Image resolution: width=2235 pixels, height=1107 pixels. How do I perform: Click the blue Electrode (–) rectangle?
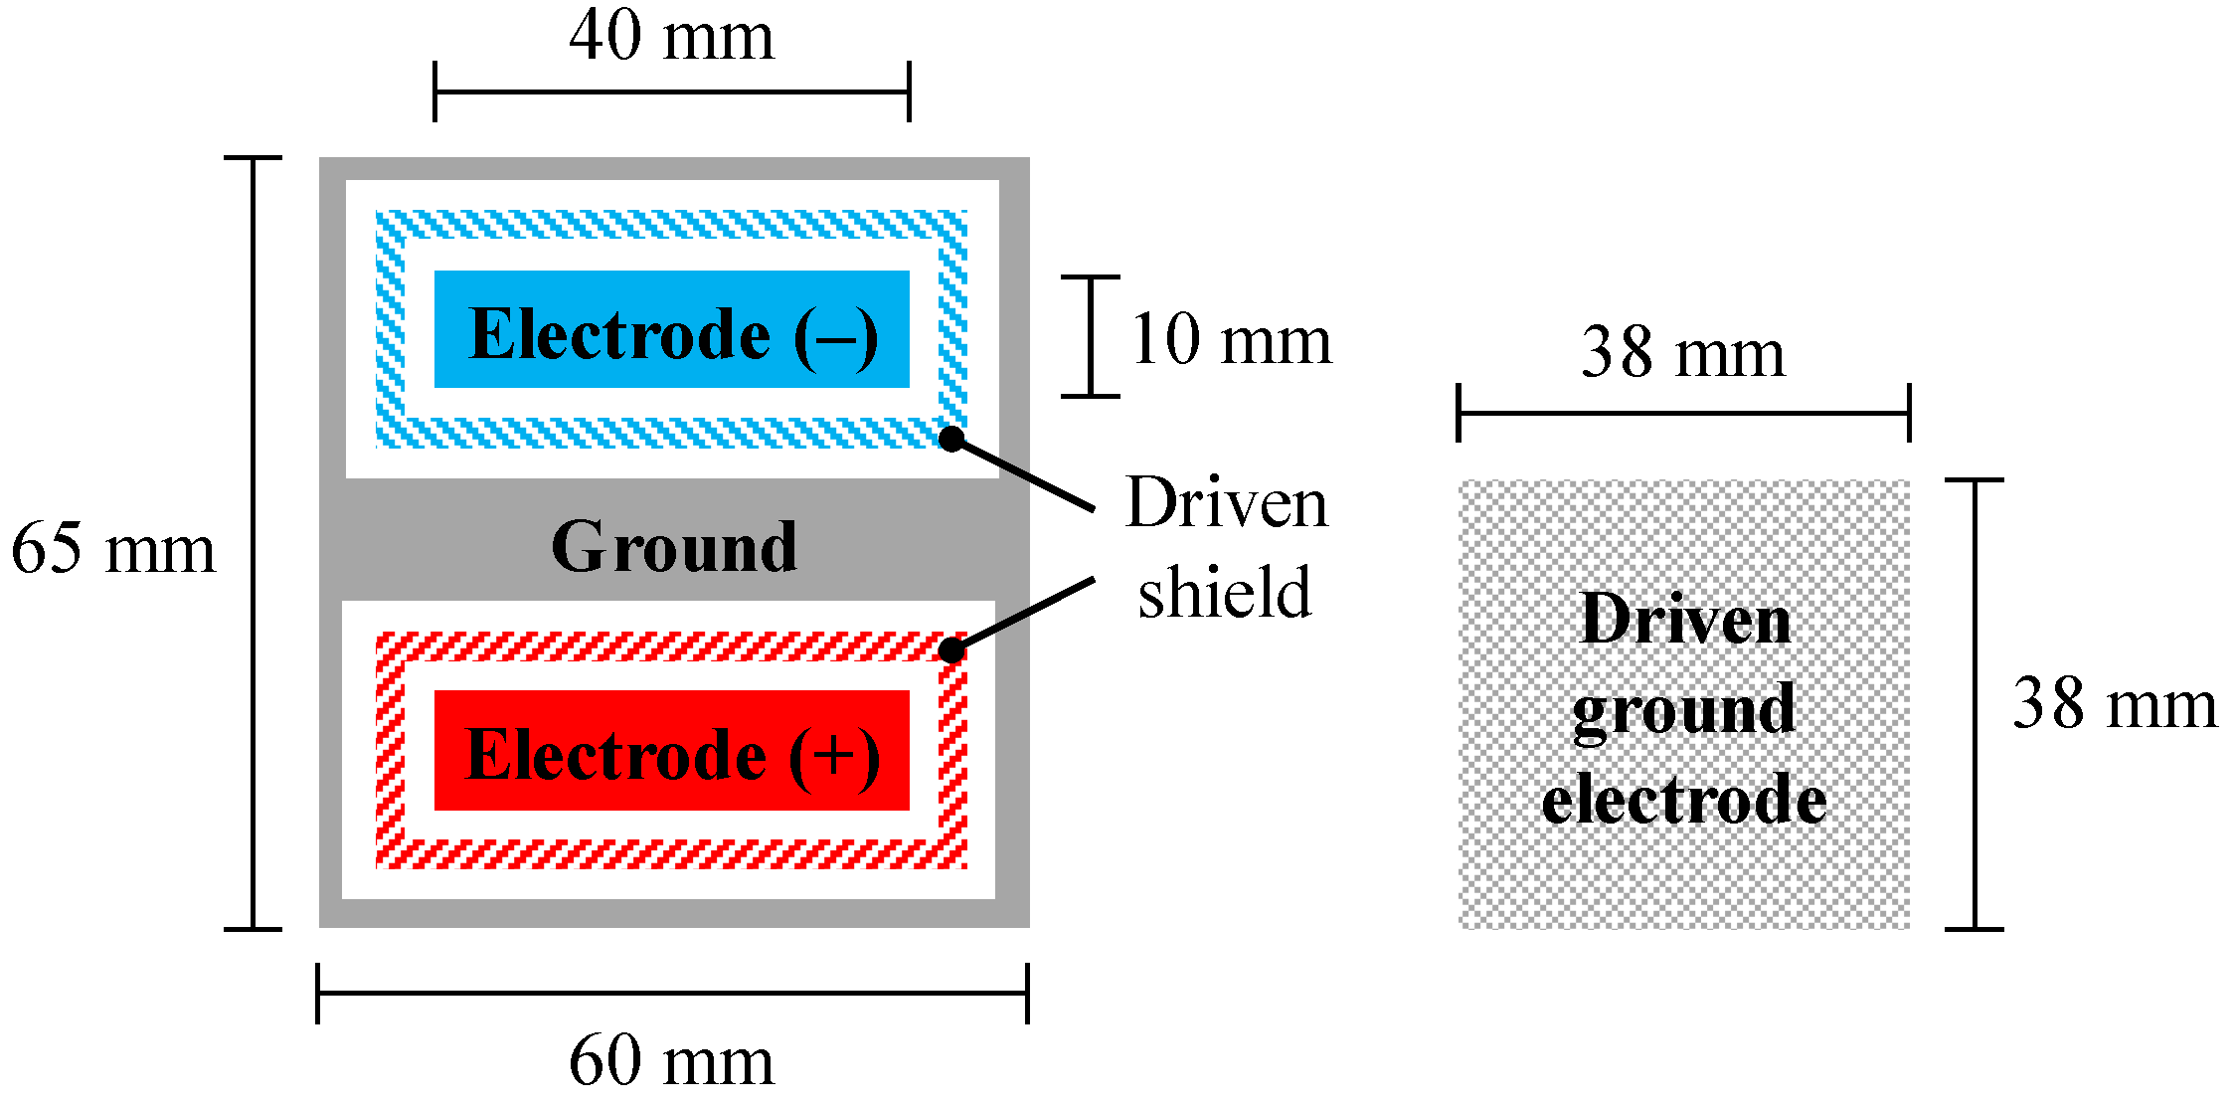pyautogui.click(x=671, y=329)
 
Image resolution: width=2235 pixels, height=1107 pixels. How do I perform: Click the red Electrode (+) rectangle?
pyautogui.click(x=671, y=751)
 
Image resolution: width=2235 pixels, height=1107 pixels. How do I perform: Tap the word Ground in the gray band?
pyautogui.click(x=674, y=547)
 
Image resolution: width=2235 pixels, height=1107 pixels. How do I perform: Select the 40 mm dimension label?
pyautogui.click(x=671, y=37)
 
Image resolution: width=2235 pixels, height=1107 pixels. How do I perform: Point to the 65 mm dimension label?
pyautogui.click(x=112, y=548)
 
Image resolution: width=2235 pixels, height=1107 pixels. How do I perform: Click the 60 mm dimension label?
pyautogui.click(x=671, y=1061)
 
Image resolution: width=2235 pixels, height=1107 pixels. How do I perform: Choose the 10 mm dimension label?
pyautogui.click(x=1231, y=340)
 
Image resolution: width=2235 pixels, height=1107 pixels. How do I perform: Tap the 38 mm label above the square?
pyautogui.click(x=1682, y=352)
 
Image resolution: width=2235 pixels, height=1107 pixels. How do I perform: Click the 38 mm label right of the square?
pyautogui.click(x=2115, y=704)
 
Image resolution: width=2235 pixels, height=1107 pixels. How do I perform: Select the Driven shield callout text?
pyautogui.click(x=1226, y=547)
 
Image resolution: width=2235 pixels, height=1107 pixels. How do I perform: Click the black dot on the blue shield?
pyautogui.click(x=951, y=438)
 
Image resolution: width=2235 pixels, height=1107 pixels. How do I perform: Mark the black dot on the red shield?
pyautogui.click(x=951, y=650)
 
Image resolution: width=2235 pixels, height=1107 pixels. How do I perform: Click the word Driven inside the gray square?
pyautogui.click(x=1685, y=620)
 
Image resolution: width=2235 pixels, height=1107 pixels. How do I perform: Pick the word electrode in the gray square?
pyautogui.click(x=1684, y=799)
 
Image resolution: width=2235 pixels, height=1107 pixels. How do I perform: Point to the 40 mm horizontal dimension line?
pyautogui.click(x=671, y=92)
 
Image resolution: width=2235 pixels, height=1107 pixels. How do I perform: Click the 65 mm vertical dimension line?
pyautogui.click(x=254, y=543)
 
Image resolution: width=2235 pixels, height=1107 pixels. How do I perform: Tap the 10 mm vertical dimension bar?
pyautogui.click(x=1091, y=336)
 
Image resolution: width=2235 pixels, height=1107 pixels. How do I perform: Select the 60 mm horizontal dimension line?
pyautogui.click(x=671, y=993)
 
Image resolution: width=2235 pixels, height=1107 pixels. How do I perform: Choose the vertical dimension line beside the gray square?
pyautogui.click(x=1975, y=704)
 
